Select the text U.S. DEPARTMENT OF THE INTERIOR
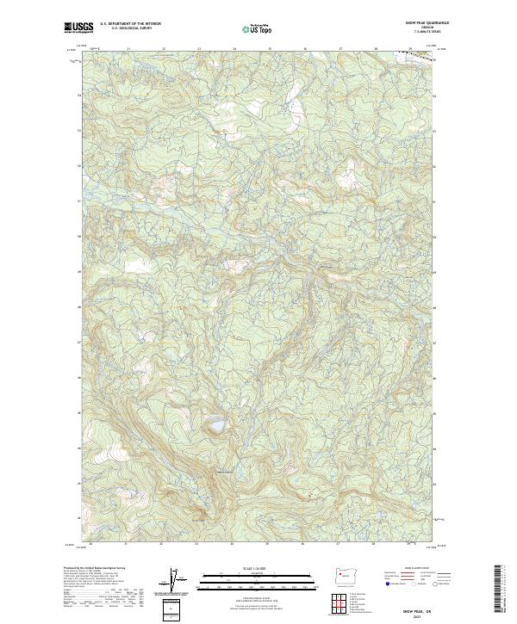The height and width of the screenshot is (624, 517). pyautogui.click(x=130, y=24)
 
